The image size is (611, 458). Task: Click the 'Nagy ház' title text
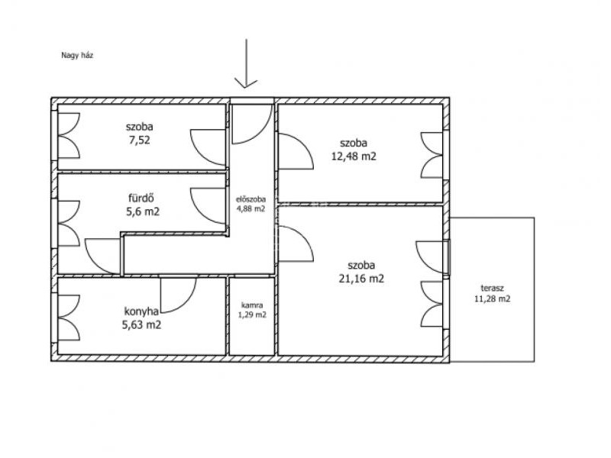tap(79, 56)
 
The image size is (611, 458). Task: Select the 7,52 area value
tap(142, 142)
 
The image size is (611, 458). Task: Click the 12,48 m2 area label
tap(360, 159)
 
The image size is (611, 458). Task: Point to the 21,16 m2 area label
tap(367, 283)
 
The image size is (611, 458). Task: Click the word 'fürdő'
tap(144, 201)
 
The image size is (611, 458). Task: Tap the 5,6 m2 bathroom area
tap(145, 215)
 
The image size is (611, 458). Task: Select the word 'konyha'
tap(144, 317)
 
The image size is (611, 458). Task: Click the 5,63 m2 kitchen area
tap(144, 330)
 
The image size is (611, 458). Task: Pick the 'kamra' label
tap(256, 310)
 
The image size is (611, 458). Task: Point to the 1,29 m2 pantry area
tap(257, 320)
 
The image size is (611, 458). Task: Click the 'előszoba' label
tap(256, 202)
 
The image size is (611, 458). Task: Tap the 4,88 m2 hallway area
tap(256, 212)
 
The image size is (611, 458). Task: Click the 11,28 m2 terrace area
tap(500, 304)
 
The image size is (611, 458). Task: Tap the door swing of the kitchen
tap(182, 299)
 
